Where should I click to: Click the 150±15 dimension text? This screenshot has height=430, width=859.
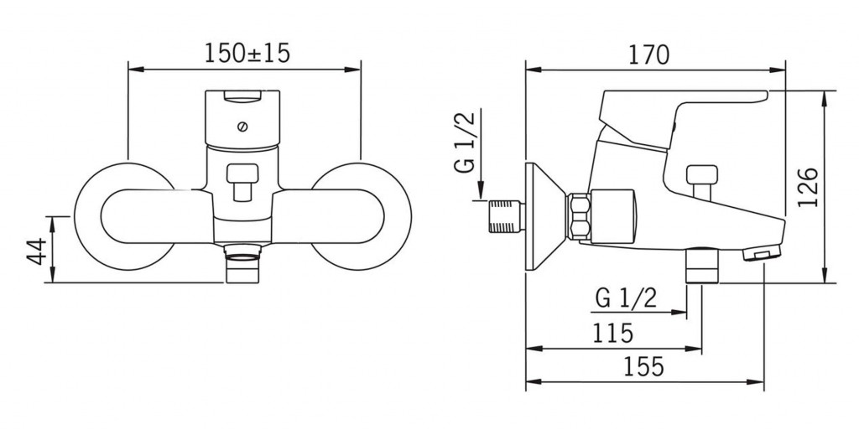(x=247, y=53)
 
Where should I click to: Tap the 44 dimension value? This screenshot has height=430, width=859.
(x=37, y=250)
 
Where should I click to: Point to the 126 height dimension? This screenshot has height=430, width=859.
(x=808, y=187)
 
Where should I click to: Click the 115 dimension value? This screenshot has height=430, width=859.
(x=613, y=332)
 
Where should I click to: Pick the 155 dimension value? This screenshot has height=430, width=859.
(x=643, y=366)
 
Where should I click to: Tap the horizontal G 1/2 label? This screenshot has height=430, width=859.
(x=626, y=298)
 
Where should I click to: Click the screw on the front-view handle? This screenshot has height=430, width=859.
(x=242, y=127)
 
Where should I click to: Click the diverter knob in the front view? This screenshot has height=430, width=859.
(x=242, y=181)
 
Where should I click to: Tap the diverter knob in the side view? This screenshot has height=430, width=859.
(x=702, y=180)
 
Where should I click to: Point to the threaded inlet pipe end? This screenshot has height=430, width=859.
(x=506, y=216)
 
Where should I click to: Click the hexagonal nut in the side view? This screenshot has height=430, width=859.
(x=580, y=216)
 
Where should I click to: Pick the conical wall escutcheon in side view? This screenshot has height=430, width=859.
(x=545, y=216)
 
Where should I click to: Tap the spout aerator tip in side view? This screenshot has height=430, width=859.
(x=760, y=254)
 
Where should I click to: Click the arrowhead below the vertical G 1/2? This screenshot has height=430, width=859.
(x=481, y=191)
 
